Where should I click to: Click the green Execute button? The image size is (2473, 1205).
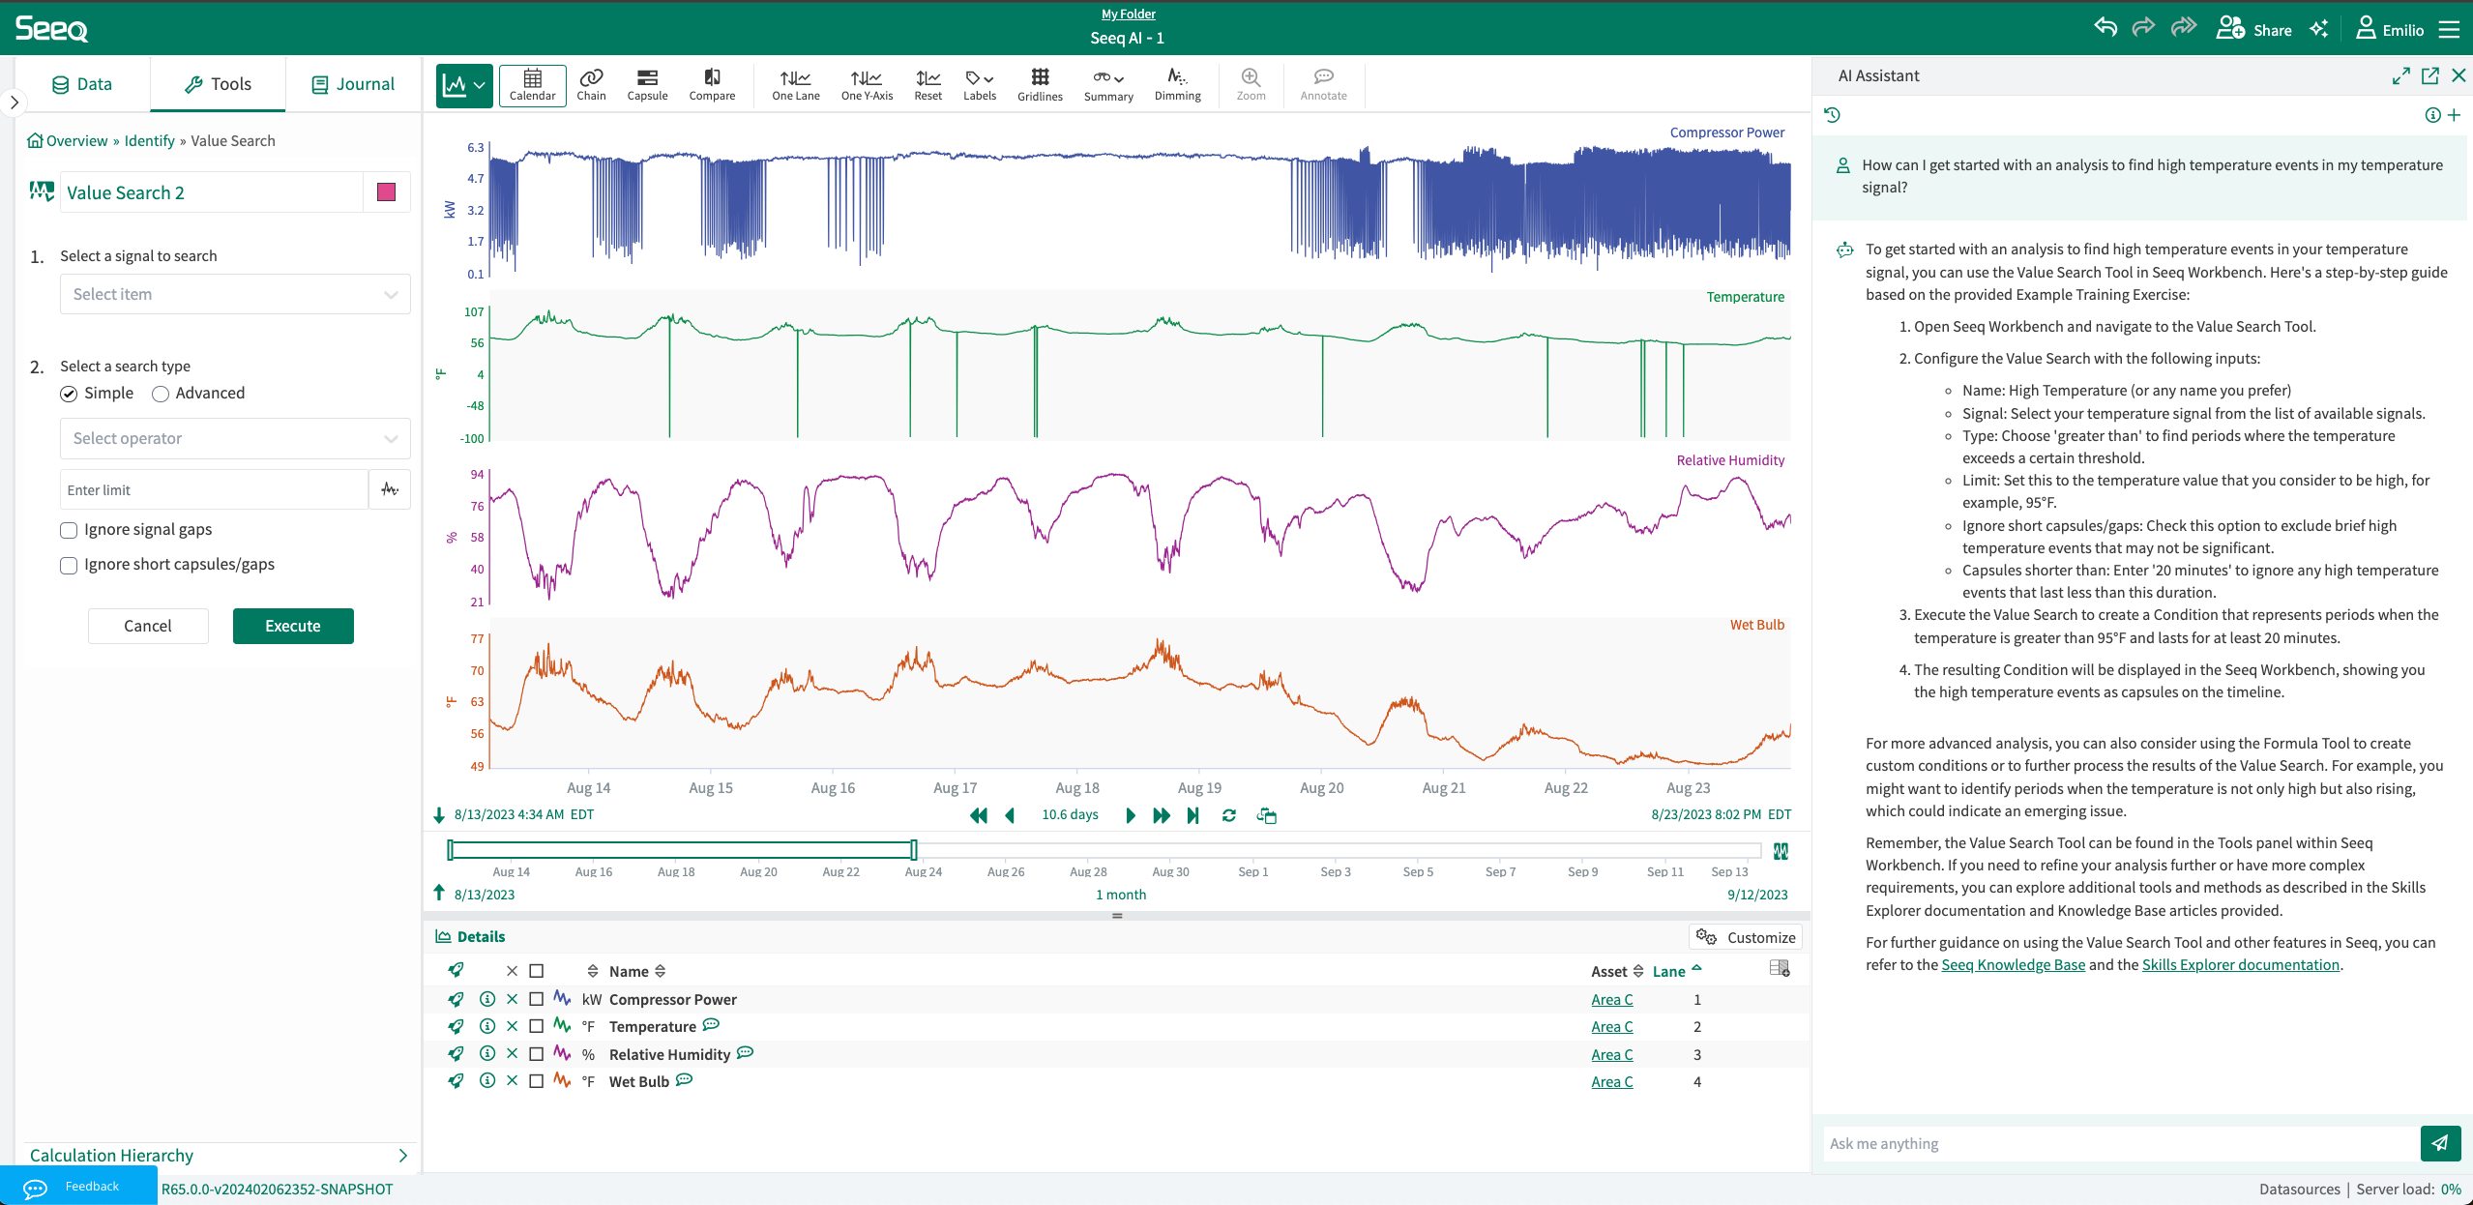click(x=293, y=626)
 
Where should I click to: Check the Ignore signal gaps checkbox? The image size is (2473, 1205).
click(x=69, y=530)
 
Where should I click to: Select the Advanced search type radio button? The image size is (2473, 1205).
click(x=161, y=394)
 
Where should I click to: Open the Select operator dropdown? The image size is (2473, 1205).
click(x=235, y=438)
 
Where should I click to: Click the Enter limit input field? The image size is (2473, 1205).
click(x=214, y=490)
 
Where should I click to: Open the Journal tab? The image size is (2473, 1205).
click(x=353, y=84)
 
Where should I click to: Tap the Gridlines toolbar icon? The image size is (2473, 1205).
click(x=1040, y=84)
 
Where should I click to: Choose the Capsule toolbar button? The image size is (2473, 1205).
click(x=647, y=84)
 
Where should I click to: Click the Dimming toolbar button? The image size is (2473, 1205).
click(x=1177, y=84)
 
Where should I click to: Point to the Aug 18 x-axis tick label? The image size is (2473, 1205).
click(x=1077, y=788)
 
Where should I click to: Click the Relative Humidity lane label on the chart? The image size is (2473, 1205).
click(x=1730, y=460)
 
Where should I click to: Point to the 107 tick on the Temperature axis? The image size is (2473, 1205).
click(x=474, y=312)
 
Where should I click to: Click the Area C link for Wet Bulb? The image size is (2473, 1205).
click(x=1611, y=1082)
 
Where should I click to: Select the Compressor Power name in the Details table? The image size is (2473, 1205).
click(x=672, y=1000)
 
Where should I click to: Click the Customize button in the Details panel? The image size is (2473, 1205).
click(x=1747, y=937)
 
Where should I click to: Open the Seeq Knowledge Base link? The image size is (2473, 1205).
click(x=2013, y=965)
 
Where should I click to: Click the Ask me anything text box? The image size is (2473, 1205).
click(x=2118, y=1143)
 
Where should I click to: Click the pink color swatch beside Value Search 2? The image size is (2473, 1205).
click(x=387, y=192)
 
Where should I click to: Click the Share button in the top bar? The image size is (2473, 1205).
click(x=2254, y=29)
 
